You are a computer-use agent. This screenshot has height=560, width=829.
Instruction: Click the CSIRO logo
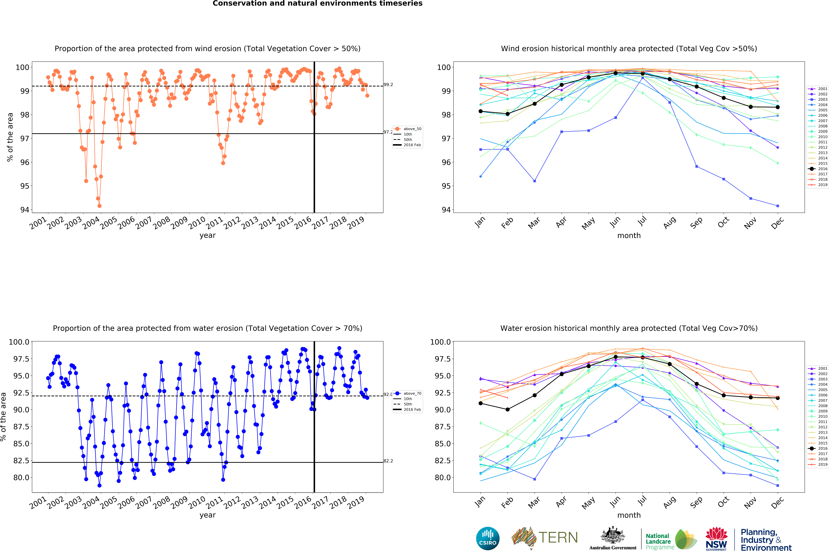488,538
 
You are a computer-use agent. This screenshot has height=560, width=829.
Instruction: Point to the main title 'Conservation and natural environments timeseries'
317,4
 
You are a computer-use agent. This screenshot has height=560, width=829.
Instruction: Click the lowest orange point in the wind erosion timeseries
100,206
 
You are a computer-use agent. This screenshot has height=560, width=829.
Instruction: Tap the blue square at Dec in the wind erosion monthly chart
778,206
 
